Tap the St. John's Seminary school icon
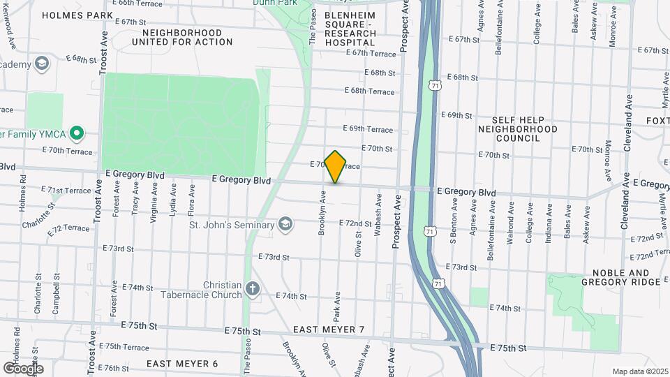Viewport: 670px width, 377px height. coord(285,225)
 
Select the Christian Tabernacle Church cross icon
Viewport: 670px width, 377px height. coord(253,288)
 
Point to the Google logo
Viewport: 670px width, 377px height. coord(23,368)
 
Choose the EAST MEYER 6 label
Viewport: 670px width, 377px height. coord(182,364)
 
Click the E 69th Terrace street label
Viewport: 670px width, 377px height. coord(368,128)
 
